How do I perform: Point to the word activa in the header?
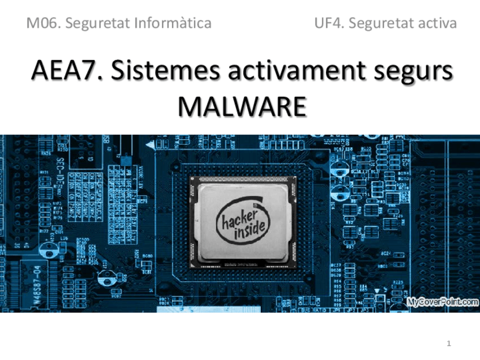click(436, 23)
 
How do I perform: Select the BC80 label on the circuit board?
click(147, 256)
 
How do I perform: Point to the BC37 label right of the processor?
click(336, 265)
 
